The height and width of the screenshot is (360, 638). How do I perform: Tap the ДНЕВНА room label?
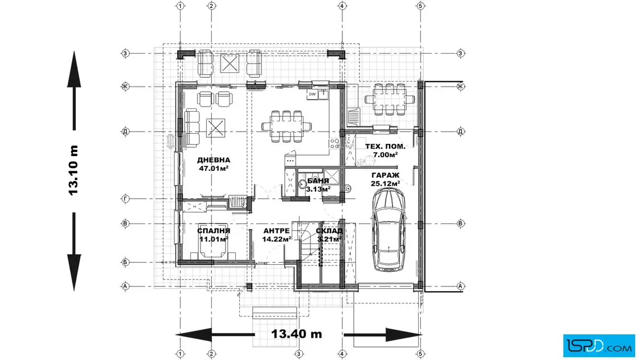pyautogui.click(x=214, y=160)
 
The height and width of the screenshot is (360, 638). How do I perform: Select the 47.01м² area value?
pyautogui.click(x=214, y=168)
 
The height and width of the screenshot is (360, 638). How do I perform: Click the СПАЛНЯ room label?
pyautogui.click(x=214, y=231)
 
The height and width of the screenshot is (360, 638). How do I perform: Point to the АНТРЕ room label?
pyautogui.click(x=277, y=231)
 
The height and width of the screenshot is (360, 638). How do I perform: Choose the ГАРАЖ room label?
pyautogui.click(x=385, y=175)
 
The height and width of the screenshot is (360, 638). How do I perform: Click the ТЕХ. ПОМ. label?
pyautogui.click(x=385, y=146)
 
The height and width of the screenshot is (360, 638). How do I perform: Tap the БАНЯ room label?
pyautogui.click(x=318, y=181)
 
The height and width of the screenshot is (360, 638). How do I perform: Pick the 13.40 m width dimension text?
pyautogui.click(x=297, y=334)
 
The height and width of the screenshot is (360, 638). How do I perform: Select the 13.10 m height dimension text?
pyautogui.click(x=73, y=170)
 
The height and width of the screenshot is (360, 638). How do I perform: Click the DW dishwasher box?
pyautogui.click(x=312, y=95)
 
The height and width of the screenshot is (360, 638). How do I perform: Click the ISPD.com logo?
pyautogui.click(x=599, y=346)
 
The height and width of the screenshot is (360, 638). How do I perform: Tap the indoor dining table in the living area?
pyautogui.click(x=287, y=126)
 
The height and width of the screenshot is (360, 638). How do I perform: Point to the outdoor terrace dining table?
pyautogui.click(x=390, y=99)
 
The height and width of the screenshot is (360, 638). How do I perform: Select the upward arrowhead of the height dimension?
pyautogui.click(x=74, y=69)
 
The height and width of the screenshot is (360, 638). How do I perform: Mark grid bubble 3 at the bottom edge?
pyautogui.click(x=298, y=354)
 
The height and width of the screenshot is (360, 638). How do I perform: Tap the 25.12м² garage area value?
pyautogui.click(x=385, y=183)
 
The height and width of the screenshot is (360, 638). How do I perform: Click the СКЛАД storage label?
pyautogui.click(x=329, y=231)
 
